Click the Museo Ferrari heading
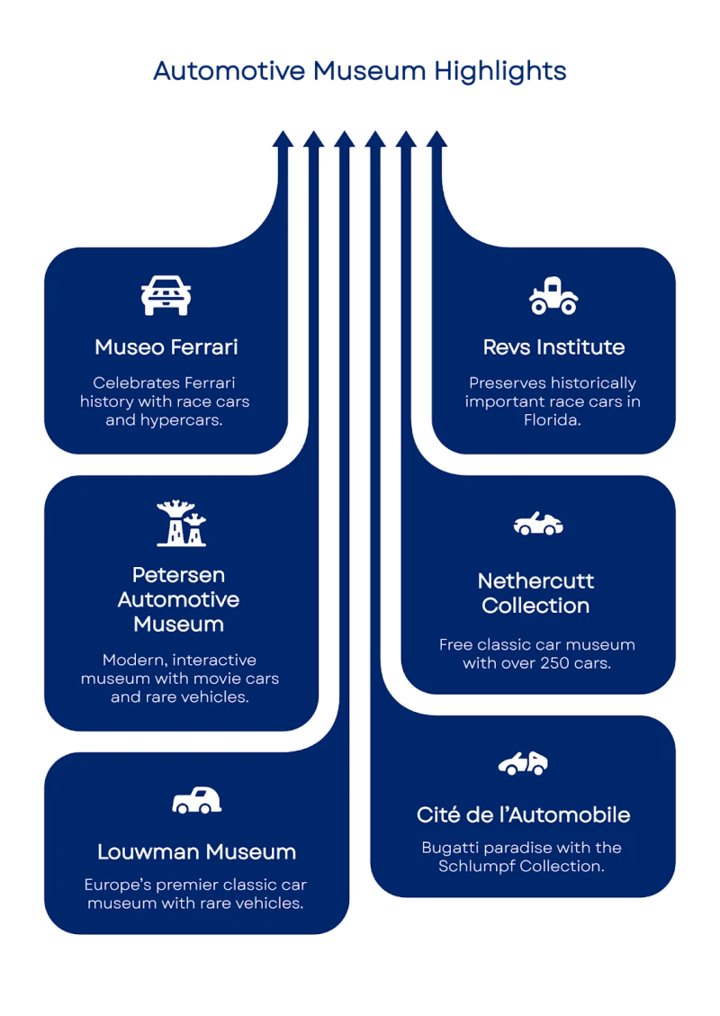166,346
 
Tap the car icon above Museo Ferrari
166,295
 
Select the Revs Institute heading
553,346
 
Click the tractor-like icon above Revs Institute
553,296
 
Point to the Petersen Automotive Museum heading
179,598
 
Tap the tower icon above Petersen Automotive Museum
181,524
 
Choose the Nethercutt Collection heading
535,593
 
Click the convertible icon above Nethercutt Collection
538,524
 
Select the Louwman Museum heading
196,851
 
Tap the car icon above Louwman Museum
196,800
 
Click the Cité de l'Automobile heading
523,814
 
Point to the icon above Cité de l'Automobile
523,764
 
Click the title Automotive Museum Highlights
360,72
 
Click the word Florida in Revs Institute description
553,420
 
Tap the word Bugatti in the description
453,848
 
